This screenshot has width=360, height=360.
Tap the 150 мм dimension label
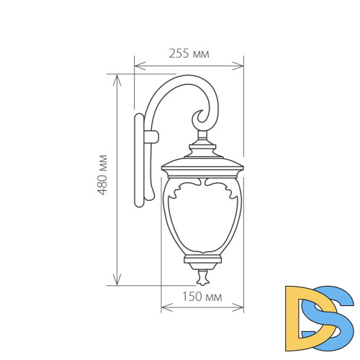[202, 296]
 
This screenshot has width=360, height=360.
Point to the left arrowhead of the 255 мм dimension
[138, 66]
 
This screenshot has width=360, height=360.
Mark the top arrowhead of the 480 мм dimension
[116, 76]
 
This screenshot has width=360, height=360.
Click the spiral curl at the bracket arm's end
[201, 117]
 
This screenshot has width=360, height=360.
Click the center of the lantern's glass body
[202, 220]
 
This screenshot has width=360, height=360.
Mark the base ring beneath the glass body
[202, 259]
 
